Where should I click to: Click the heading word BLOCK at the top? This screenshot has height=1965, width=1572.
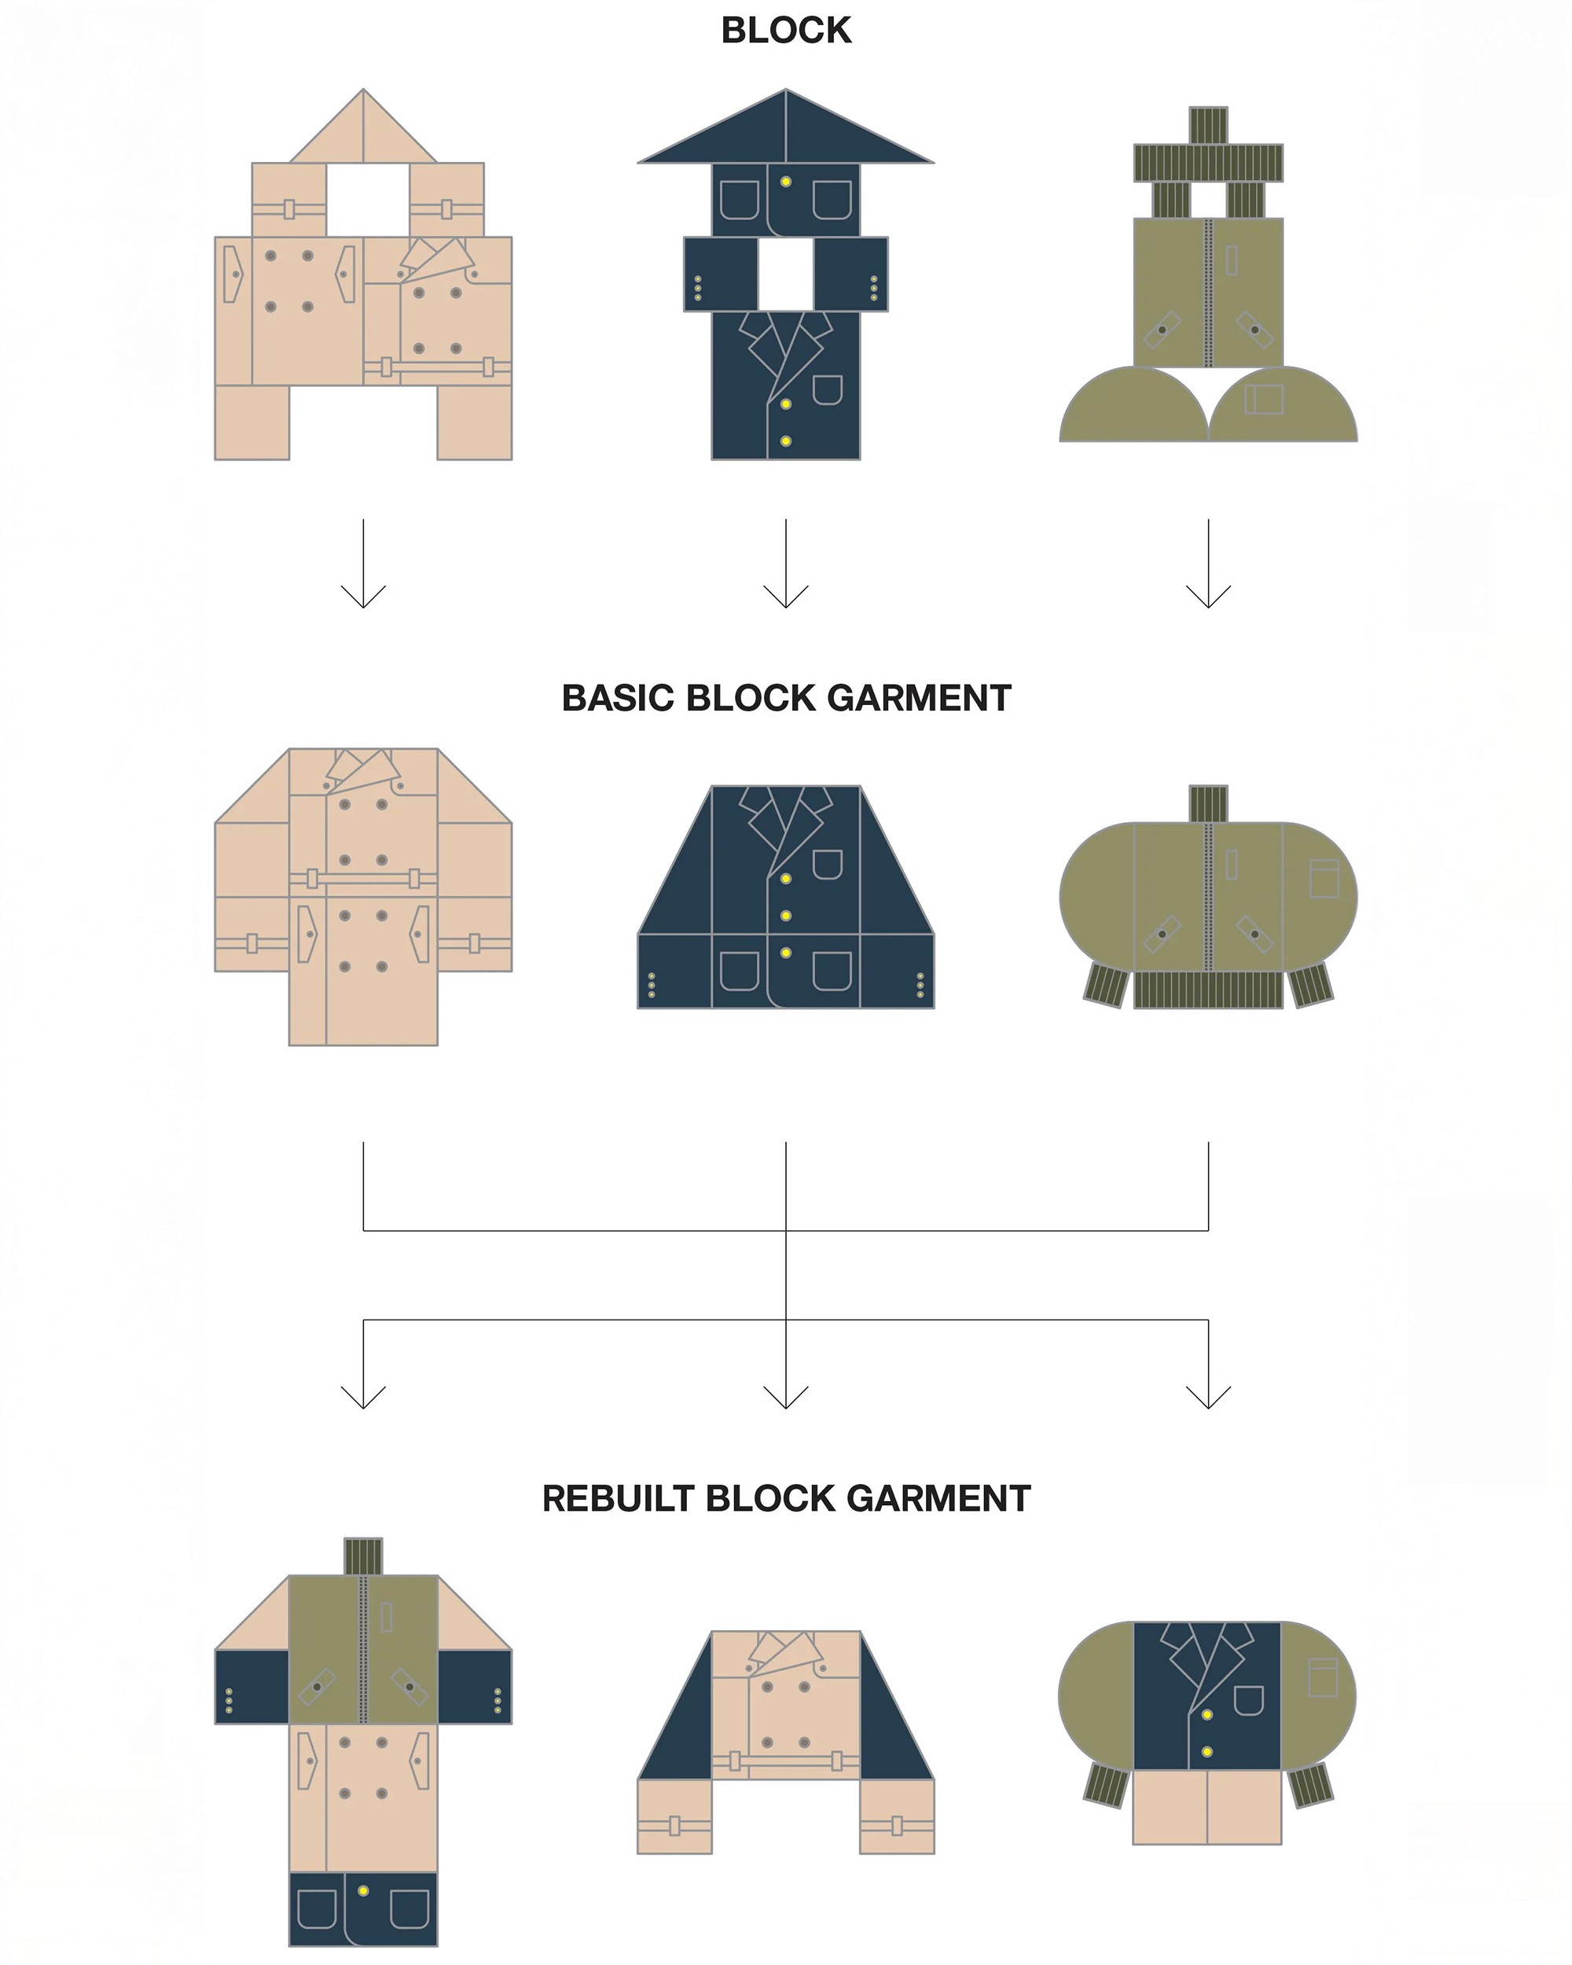coord(785,30)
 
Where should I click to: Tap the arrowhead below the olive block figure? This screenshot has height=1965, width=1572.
coord(1208,597)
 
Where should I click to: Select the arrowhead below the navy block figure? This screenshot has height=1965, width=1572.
coord(785,597)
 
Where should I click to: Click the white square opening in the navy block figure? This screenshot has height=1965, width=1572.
coord(785,274)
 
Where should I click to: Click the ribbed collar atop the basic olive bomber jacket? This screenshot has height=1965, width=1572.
coord(1208,803)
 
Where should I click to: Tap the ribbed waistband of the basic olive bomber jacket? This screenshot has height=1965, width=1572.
coord(1208,990)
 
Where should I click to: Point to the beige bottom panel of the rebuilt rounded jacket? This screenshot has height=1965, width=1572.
coord(1207,1807)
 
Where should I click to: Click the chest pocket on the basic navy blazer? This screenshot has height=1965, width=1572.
coord(827,863)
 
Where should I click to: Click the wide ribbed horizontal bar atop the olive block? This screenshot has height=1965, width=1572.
coord(1208,162)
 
